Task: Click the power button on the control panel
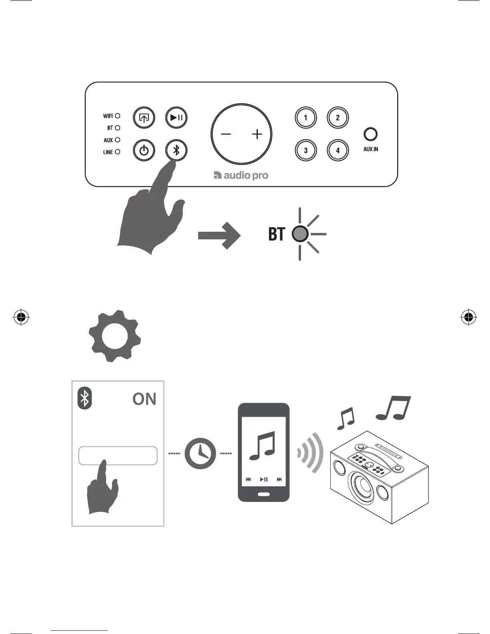point(144,150)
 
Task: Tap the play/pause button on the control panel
point(177,118)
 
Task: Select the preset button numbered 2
point(338,118)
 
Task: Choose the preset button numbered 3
point(306,150)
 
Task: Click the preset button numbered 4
point(338,150)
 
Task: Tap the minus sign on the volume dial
point(226,134)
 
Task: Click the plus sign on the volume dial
point(257,134)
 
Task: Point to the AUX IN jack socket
point(371,134)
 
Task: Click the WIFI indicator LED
point(118,116)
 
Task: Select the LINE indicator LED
point(118,152)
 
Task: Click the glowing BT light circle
point(300,234)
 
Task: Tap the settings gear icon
point(114,336)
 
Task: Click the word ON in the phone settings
point(144,399)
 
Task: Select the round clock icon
point(200,454)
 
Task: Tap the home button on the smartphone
point(263,494)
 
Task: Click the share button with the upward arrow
point(144,118)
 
